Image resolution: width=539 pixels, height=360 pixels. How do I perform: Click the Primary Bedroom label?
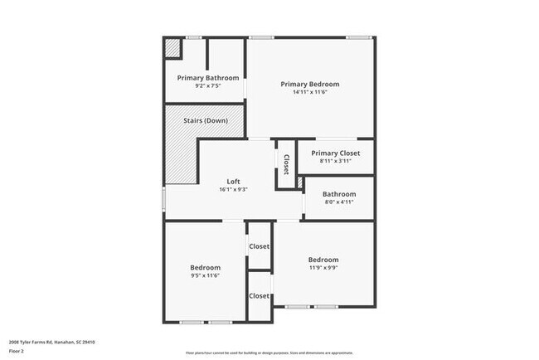click(x=309, y=84)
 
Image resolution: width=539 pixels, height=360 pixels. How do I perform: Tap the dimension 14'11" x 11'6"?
click(x=309, y=92)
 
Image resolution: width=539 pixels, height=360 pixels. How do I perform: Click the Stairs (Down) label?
click(x=206, y=121)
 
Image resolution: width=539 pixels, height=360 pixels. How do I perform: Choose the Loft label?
click(x=235, y=182)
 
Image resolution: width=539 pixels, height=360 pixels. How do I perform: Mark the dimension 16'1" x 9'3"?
click(x=235, y=190)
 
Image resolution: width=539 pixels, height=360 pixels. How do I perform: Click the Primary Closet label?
click(x=326, y=153)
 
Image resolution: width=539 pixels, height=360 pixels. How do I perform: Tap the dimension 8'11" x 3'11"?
click(x=326, y=161)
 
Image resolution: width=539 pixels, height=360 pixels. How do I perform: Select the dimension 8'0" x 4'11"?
click(x=338, y=202)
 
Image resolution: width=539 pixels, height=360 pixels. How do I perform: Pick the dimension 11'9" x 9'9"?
click(x=323, y=267)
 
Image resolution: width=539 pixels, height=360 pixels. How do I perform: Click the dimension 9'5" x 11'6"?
click(x=205, y=275)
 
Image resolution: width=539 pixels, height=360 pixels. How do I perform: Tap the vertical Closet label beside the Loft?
click(x=286, y=164)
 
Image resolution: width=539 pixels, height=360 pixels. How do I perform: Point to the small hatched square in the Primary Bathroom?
click(x=172, y=48)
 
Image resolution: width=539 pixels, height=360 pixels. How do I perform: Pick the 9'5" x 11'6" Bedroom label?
click(x=205, y=267)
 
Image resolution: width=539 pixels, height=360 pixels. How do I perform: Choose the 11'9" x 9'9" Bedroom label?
click(x=323, y=259)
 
